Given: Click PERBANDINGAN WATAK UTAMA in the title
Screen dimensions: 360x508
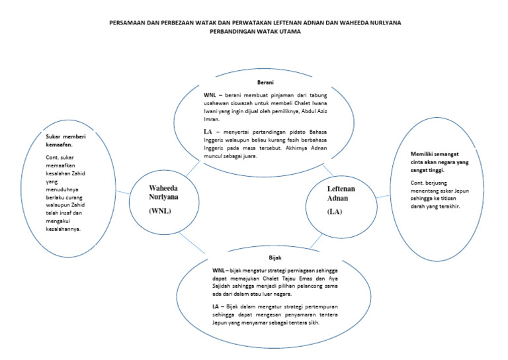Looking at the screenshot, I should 255,31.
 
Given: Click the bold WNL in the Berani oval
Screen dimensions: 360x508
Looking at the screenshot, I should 211,96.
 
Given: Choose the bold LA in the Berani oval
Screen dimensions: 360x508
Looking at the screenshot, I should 207,132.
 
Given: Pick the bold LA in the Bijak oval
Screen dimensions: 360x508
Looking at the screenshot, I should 216,307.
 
